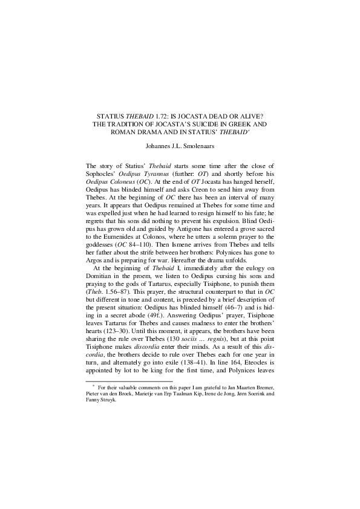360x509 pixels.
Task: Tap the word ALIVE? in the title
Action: coord(254,115)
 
